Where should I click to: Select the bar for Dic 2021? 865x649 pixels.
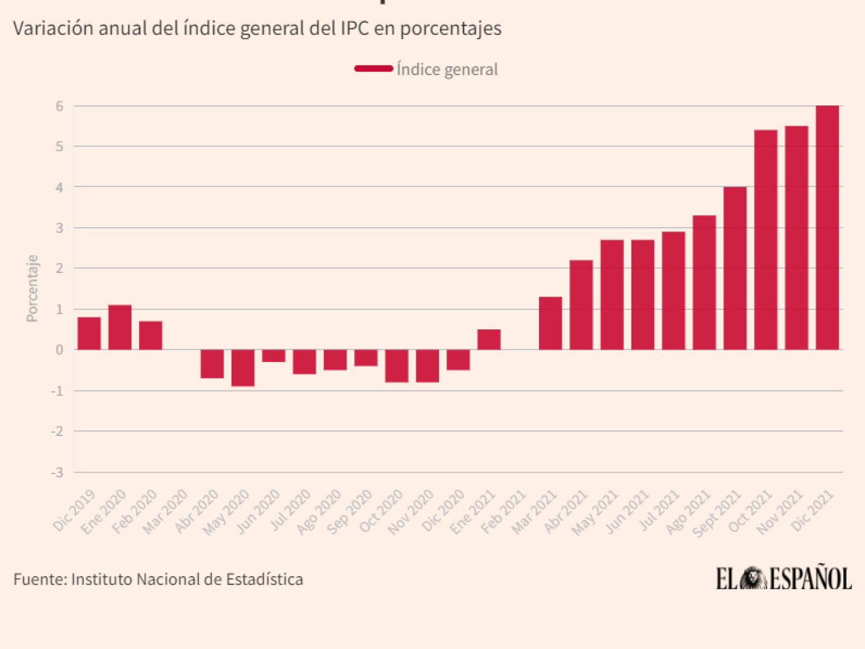[827, 228]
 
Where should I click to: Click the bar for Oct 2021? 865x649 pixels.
[766, 240]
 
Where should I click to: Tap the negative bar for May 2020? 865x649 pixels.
[243, 368]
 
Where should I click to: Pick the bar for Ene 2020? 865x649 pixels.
[120, 328]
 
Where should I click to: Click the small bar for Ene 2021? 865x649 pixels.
[489, 340]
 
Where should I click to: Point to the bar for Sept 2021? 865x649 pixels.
[735, 268]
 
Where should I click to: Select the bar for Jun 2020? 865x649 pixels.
[274, 356]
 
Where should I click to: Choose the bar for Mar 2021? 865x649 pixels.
[550, 323]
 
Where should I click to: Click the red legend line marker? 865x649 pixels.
[374, 69]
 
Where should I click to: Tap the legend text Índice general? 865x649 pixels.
[447, 69]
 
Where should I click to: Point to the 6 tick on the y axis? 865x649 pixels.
[60, 106]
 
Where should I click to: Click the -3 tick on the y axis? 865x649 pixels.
[57, 473]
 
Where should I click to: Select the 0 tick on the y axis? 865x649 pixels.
[60, 350]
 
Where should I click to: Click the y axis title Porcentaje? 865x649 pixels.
[32, 288]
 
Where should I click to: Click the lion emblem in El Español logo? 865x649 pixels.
[753, 579]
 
